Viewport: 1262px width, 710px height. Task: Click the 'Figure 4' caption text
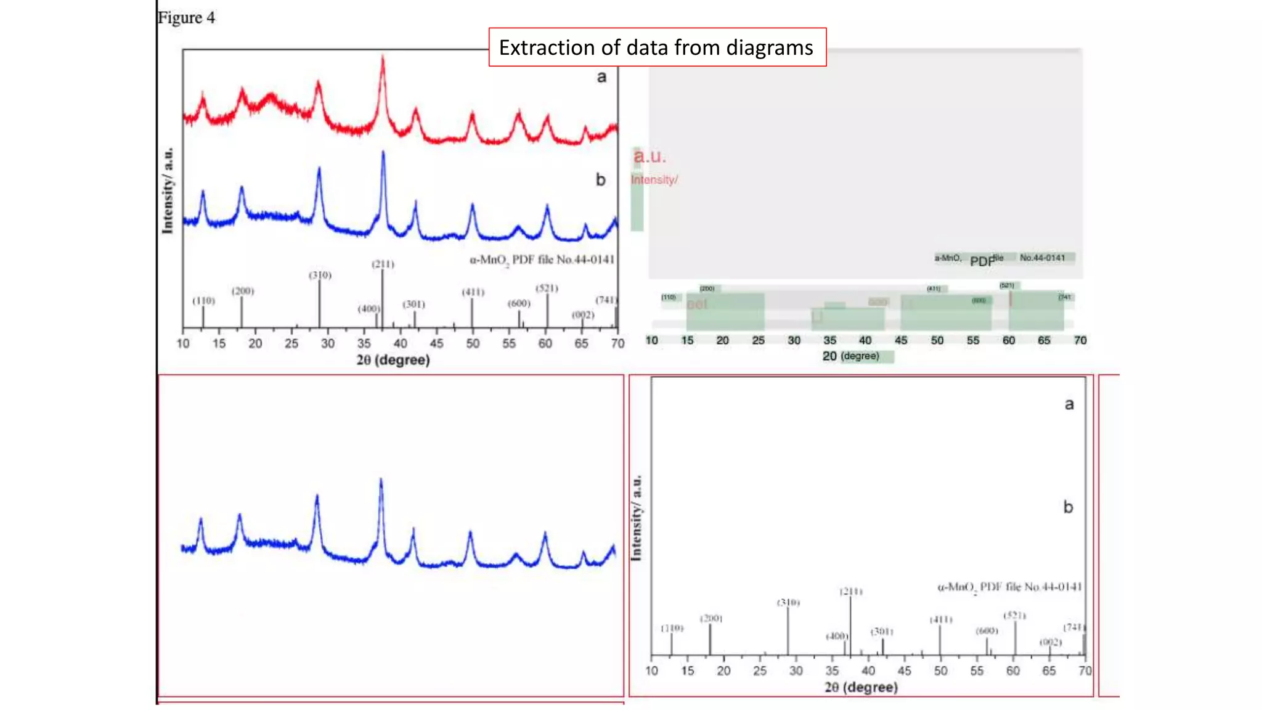tap(186, 18)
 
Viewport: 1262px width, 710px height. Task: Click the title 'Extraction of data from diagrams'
tap(656, 47)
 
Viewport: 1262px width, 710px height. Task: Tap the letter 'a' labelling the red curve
tap(601, 77)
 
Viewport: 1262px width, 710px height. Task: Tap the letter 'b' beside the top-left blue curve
tap(600, 179)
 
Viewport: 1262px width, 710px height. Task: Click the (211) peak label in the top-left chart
tap(383, 264)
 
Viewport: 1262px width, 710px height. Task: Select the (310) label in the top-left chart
tap(320, 275)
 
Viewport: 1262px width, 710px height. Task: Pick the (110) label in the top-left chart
tap(203, 301)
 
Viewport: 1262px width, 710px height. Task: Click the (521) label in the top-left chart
tap(547, 288)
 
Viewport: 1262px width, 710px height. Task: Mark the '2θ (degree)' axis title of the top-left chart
tap(393, 360)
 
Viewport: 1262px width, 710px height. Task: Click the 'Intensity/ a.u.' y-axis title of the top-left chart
tap(168, 190)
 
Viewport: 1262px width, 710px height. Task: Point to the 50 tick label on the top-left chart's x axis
tap(473, 343)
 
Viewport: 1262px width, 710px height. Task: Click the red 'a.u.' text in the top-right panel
tap(650, 157)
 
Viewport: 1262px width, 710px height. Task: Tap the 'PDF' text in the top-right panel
tap(982, 261)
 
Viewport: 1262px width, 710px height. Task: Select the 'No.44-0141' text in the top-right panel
tap(1042, 258)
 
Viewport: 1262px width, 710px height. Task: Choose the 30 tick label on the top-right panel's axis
tap(794, 340)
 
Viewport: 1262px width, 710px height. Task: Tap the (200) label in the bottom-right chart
tap(710, 618)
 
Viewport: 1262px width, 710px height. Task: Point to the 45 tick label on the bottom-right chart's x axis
tap(904, 671)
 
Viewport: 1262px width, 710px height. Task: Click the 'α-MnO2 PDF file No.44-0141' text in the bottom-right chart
tap(1009, 587)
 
